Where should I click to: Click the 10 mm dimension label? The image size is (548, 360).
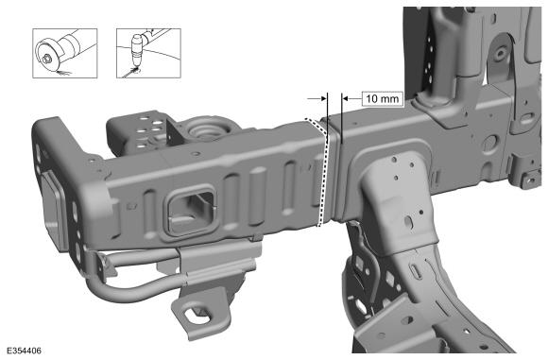383,99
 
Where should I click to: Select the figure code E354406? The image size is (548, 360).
25,351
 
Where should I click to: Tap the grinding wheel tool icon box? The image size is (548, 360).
65,53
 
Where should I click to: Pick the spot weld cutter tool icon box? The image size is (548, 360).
148,53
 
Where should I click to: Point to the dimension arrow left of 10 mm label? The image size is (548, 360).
351,99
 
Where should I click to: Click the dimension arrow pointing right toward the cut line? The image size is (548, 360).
317,99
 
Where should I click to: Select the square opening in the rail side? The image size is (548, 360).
192,210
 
